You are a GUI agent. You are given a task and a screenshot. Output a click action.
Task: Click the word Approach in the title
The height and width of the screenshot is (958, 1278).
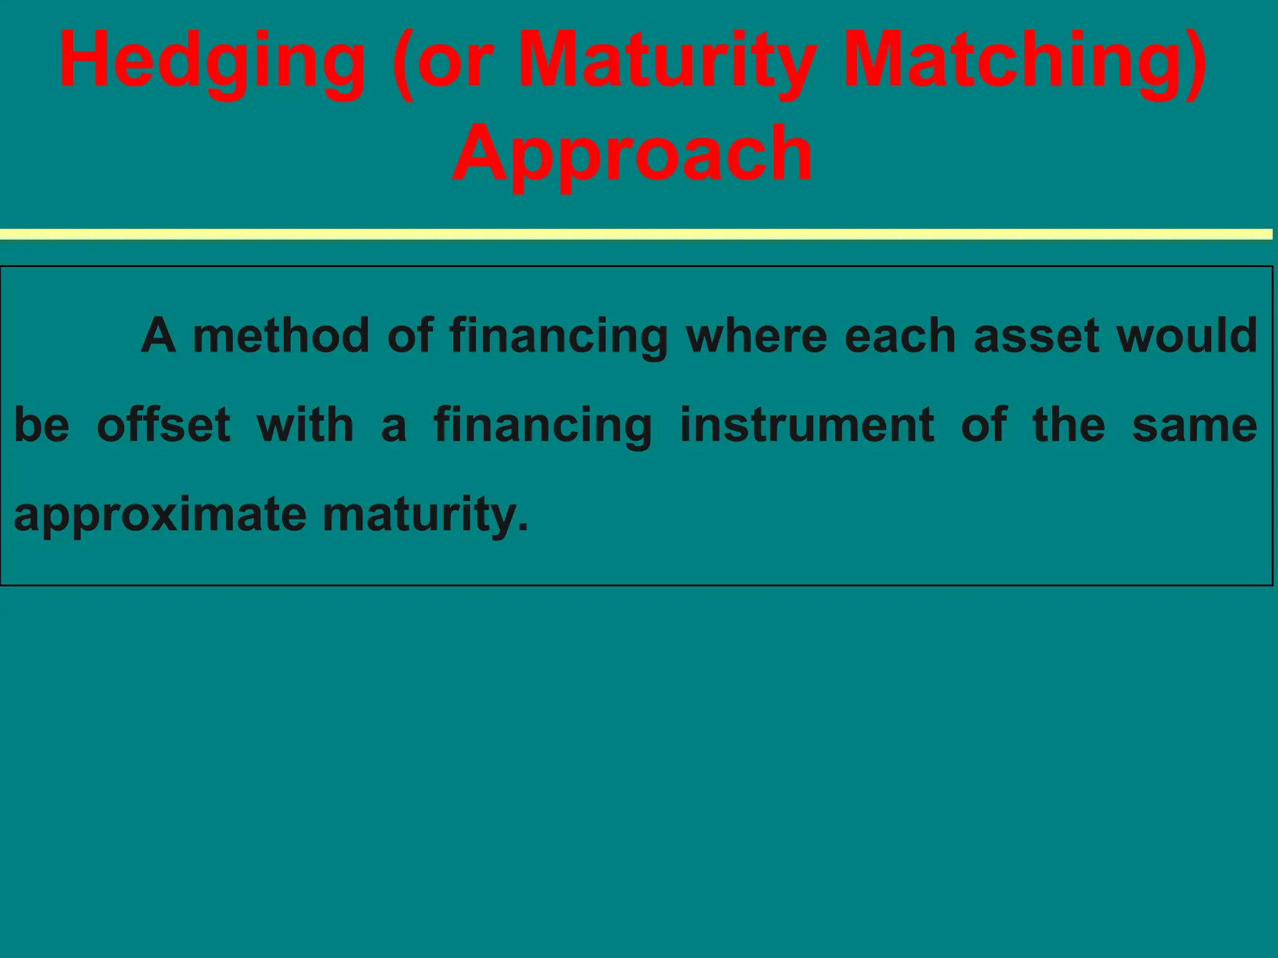click(632, 154)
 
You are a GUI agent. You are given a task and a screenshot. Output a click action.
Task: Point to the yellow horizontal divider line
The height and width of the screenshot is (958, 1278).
click(637, 234)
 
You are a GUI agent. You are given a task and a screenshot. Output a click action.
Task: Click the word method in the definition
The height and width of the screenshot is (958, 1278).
click(281, 336)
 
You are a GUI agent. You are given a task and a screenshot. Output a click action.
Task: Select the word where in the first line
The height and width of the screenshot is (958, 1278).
click(756, 336)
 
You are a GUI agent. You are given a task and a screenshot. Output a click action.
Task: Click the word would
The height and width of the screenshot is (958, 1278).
click(1186, 336)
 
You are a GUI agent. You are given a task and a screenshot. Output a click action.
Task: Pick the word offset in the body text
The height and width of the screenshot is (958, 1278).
click(163, 425)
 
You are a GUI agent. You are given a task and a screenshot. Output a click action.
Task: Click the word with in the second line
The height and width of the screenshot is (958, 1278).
click(305, 425)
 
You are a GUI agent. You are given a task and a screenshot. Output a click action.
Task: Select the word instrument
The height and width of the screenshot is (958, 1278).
click(806, 425)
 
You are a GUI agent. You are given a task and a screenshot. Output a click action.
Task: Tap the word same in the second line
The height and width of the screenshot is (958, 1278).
click(1194, 425)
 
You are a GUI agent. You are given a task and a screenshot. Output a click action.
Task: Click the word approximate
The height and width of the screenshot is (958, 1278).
click(160, 515)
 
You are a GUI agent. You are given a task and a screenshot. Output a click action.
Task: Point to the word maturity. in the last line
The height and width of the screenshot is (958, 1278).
click(425, 515)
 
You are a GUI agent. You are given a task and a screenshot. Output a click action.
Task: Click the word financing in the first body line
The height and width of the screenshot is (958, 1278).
click(559, 337)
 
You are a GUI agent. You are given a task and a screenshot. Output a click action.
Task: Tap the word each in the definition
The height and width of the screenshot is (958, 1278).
click(900, 336)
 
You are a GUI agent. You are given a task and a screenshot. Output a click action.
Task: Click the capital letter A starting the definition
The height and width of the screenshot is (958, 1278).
click(159, 336)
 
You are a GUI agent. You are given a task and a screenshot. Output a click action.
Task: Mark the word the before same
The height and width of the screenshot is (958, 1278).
click(1069, 425)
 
